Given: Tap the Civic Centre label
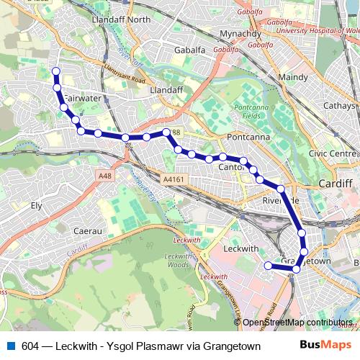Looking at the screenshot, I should click(333, 153).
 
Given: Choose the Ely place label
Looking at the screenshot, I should click(36, 205).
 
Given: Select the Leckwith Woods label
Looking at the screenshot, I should click(177, 261).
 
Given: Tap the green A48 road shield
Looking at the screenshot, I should click(104, 174).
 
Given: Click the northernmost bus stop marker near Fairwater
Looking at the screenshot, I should click(55, 71).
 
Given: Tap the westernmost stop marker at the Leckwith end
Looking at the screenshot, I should click(269, 266).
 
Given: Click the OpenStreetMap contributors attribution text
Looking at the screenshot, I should click(297, 323).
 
